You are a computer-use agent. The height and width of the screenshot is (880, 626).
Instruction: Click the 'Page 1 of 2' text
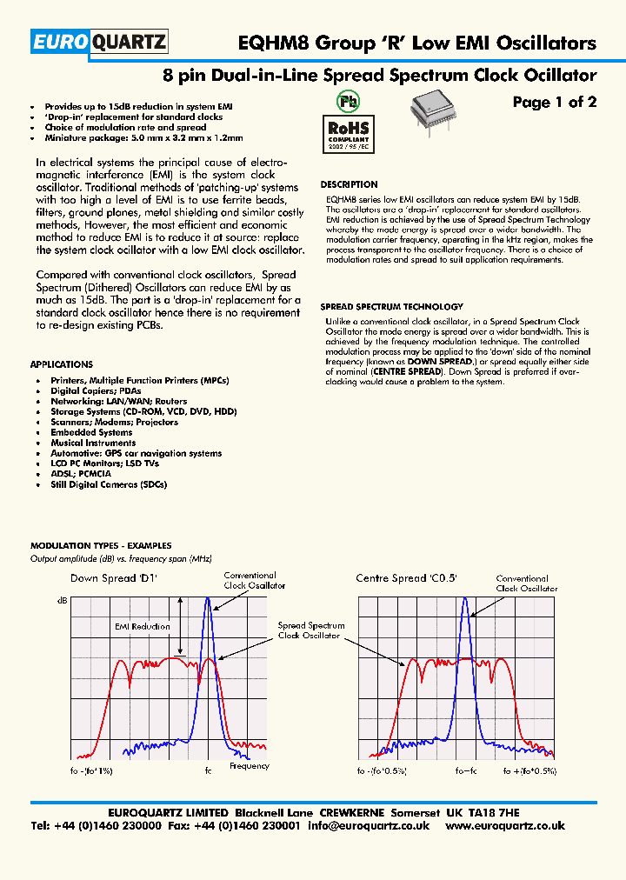(x=554, y=103)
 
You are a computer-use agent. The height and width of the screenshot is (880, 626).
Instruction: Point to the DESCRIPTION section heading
(x=349, y=184)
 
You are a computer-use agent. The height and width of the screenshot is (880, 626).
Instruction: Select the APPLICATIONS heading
(x=61, y=364)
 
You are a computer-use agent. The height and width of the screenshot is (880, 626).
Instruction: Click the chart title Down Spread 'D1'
(x=104, y=578)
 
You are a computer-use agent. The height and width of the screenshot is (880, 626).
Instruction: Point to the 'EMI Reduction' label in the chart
(x=142, y=626)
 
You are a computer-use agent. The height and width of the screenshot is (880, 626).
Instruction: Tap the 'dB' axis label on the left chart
(x=62, y=601)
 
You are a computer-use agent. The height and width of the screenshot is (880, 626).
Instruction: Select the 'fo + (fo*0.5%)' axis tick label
(x=529, y=771)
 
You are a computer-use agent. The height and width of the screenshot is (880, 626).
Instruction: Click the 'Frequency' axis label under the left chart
(x=250, y=766)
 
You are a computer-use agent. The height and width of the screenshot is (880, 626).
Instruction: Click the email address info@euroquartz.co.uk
(x=369, y=826)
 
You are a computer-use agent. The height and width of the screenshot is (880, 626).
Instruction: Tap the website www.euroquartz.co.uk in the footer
(x=505, y=826)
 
